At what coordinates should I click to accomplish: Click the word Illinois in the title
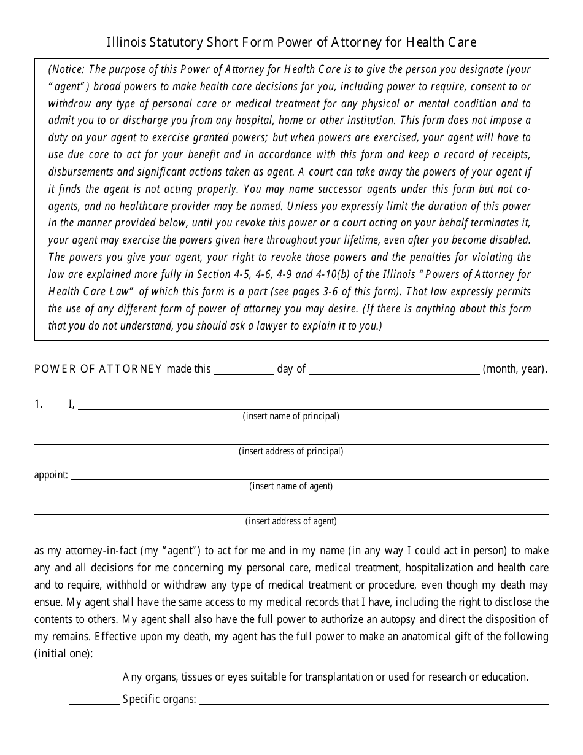[x=125, y=42]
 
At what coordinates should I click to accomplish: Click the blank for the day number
[x=244, y=370]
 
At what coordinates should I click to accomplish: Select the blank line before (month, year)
[x=394, y=370]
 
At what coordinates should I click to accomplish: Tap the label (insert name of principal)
[x=291, y=416]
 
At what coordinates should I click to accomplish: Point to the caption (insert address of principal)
[x=291, y=451]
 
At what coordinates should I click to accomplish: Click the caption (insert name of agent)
[x=291, y=486]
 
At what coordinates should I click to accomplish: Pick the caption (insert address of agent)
[x=291, y=521]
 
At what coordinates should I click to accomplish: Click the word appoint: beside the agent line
[x=52, y=474]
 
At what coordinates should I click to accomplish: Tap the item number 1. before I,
[x=39, y=404]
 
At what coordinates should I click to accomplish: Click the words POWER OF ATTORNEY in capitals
[x=98, y=369]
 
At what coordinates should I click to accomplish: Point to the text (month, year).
[x=515, y=369]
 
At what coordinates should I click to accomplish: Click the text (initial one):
[x=64, y=654]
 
